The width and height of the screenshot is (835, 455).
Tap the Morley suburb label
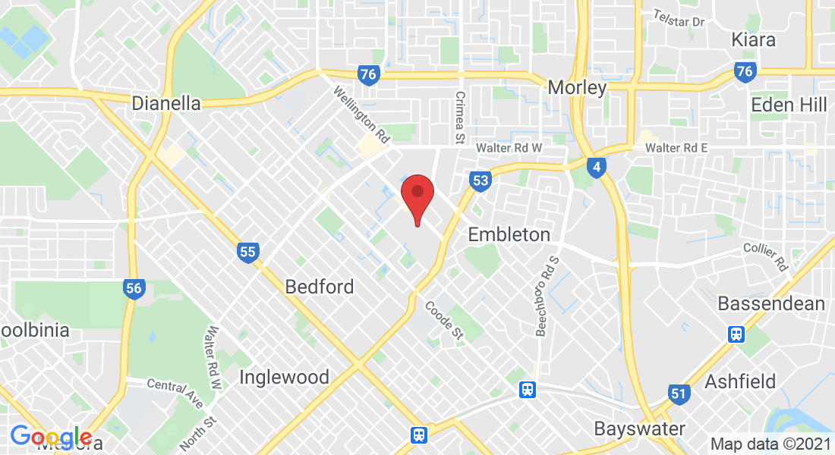click(578, 88)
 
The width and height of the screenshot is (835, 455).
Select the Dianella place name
click(166, 103)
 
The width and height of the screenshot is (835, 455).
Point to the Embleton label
click(509, 234)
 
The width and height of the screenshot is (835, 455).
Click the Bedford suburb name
click(320, 287)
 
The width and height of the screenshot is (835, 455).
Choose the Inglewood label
click(284, 377)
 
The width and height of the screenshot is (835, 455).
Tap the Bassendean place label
click(771, 304)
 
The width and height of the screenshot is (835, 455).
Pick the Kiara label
click(753, 39)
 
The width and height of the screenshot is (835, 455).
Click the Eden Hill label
click(789, 105)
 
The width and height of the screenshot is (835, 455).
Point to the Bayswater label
click(640, 428)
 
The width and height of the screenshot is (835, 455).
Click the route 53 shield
click(480, 180)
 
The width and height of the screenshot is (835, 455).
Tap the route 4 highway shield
click(597, 167)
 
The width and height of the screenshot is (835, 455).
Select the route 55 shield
click(247, 253)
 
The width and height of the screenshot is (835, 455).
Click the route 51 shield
click(679, 394)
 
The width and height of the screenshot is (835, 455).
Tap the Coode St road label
click(444, 319)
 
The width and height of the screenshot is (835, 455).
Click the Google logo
click(51, 437)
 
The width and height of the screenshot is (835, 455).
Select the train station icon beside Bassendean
click(736, 334)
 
